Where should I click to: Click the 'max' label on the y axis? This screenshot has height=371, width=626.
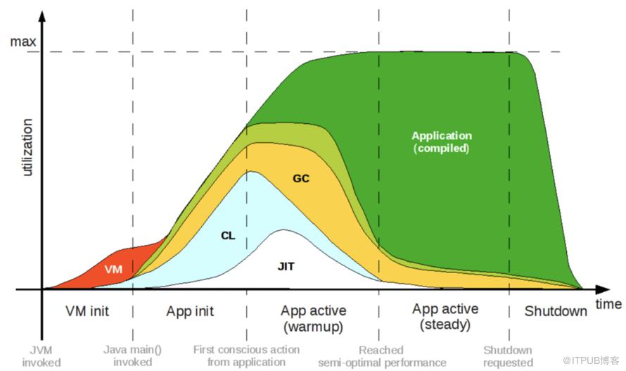[23, 42]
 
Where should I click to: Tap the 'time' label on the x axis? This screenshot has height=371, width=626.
[608, 304]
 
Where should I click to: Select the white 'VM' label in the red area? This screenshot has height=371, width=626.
[113, 270]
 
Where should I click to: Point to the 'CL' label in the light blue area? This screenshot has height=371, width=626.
[228, 236]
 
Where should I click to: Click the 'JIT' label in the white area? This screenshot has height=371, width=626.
[286, 266]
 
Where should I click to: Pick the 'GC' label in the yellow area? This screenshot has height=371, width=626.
[301, 178]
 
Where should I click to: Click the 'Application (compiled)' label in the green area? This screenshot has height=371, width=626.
[442, 142]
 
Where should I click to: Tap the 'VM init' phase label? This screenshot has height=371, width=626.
[87, 311]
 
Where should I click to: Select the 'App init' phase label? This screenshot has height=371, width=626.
[190, 311]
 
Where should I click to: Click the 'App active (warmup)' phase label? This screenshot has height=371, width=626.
[314, 318]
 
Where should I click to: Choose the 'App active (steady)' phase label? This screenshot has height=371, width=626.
[445, 316]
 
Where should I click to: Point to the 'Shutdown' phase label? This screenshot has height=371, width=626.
[556, 311]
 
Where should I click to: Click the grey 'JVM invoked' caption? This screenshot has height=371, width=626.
[41, 356]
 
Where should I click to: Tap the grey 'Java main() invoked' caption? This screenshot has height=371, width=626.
[132, 356]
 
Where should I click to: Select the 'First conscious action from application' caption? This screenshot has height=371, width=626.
[246, 356]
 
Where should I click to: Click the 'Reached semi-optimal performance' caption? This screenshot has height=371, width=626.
[382, 356]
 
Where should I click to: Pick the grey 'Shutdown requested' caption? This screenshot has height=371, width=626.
[508, 356]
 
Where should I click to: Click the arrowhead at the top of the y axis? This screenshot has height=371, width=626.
[41, 16]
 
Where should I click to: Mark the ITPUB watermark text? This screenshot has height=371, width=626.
[590, 360]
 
